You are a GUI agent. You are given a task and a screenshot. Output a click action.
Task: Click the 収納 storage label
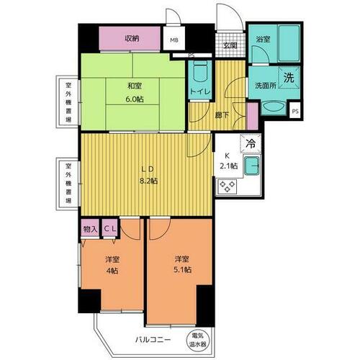(130, 38)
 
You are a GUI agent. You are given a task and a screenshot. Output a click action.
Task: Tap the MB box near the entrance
(174, 40)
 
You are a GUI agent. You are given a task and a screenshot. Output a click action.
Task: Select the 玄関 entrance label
(230, 45)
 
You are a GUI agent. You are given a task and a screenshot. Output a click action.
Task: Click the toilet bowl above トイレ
(199, 72)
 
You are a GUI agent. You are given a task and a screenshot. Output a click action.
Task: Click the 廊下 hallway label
(221, 114)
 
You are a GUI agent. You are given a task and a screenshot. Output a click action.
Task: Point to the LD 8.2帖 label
(148, 176)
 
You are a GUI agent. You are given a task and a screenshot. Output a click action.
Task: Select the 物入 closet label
(90, 229)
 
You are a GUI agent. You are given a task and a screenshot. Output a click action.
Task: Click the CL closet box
(110, 229)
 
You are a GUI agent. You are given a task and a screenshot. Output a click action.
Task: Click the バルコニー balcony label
(151, 338)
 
